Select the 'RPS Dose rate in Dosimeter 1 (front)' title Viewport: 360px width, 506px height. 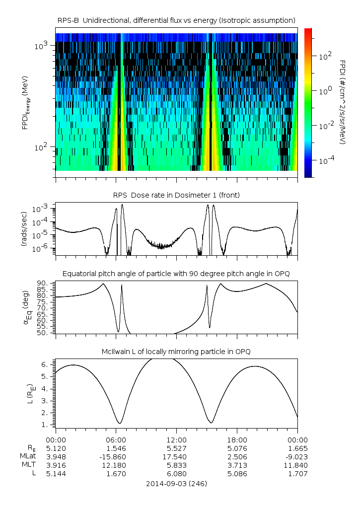[x=176, y=195]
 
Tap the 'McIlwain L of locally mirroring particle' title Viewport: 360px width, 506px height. [x=176, y=352]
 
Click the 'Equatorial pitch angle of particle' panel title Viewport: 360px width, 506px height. [x=176, y=274]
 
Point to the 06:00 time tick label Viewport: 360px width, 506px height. [x=116, y=440]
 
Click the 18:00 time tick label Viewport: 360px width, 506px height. [x=237, y=440]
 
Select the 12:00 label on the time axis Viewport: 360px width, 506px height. [x=176, y=440]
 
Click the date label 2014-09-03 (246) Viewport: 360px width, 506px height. [x=176, y=483]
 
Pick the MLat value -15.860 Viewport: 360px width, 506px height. [x=116, y=457]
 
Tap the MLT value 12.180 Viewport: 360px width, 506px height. [x=116, y=465]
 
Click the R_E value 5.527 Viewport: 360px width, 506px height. [x=176, y=448]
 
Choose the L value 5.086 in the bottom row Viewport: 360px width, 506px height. [x=237, y=474]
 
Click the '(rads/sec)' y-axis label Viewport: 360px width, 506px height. [x=24, y=228]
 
